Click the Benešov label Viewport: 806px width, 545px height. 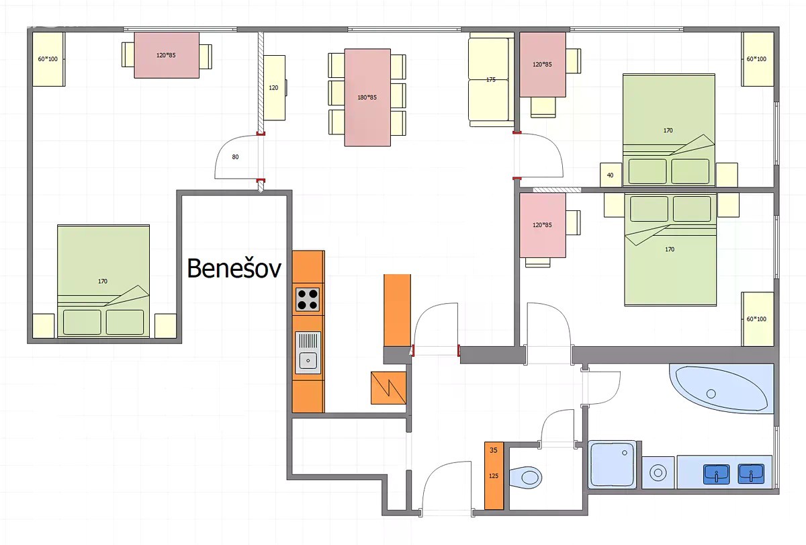coord(234,268)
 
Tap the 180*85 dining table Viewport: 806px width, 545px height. coord(367,97)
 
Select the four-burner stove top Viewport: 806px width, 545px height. coord(308,300)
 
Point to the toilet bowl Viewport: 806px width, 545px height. coord(526,478)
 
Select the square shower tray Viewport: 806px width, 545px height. coord(613,465)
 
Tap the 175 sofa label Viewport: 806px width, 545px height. coord(491,79)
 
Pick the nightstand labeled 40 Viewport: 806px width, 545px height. coord(611,175)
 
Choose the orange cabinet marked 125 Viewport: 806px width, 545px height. coord(494,476)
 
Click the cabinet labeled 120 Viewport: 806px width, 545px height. coord(274,88)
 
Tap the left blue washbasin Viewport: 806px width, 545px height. coord(717,474)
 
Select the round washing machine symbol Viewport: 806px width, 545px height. coord(658,472)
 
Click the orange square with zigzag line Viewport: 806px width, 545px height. coord(389,388)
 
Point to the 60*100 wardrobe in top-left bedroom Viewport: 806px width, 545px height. coord(48,59)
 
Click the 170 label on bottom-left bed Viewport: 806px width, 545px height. coord(103,281)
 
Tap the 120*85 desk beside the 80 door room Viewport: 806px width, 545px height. coord(167,55)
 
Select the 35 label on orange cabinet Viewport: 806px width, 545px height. coord(493,450)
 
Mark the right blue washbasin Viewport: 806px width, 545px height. coord(751,474)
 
